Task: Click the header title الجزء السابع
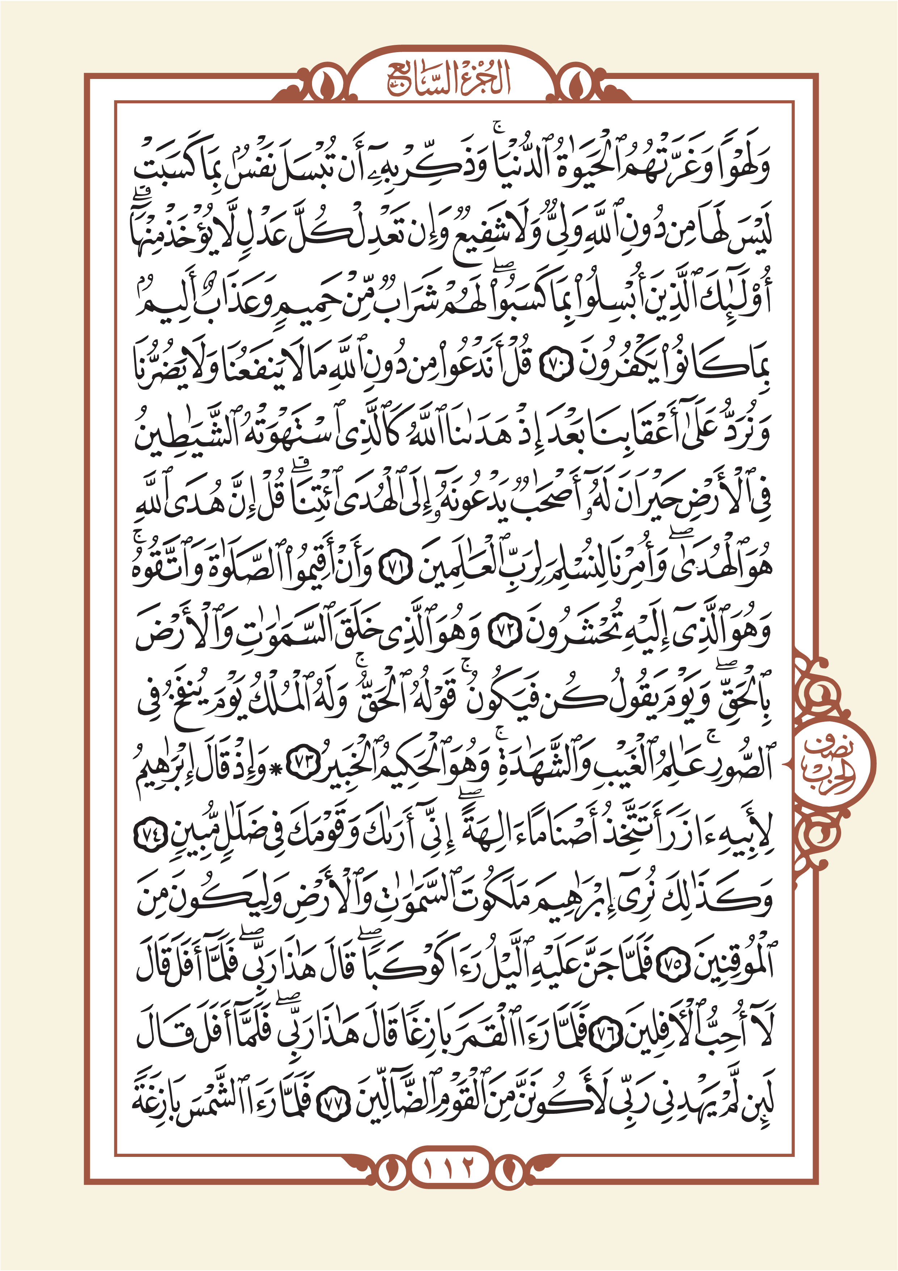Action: (x=448, y=80)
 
